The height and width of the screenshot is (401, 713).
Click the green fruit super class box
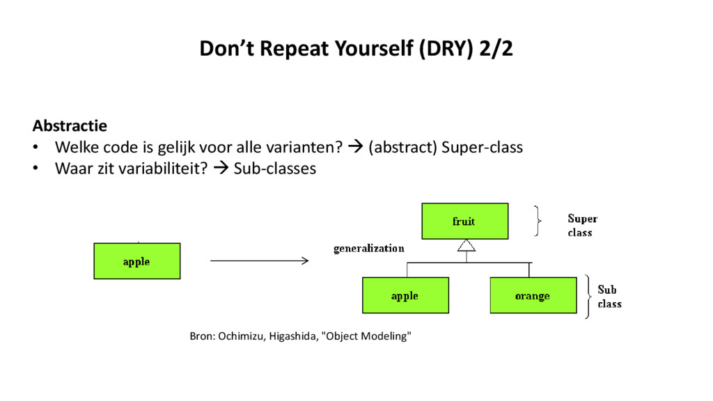tap(464, 221)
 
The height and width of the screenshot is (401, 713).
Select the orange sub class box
tap(533, 295)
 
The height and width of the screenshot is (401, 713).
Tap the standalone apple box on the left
tap(136, 261)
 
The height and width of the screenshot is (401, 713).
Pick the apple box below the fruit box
tap(405, 295)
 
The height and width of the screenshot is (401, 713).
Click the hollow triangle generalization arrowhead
tap(466, 245)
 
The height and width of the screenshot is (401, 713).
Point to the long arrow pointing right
tap(258, 260)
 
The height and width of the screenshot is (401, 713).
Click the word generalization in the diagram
tap(369, 248)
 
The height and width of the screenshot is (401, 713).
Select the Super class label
tap(581, 226)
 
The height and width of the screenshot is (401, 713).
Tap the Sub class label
tap(609, 297)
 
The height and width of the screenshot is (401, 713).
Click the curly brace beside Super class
tap(538, 221)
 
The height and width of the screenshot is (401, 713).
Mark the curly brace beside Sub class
tap(589, 296)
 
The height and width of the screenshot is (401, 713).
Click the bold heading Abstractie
tap(70, 126)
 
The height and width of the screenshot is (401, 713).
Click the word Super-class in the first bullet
tap(482, 148)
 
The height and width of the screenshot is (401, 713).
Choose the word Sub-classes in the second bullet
tap(274, 168)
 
